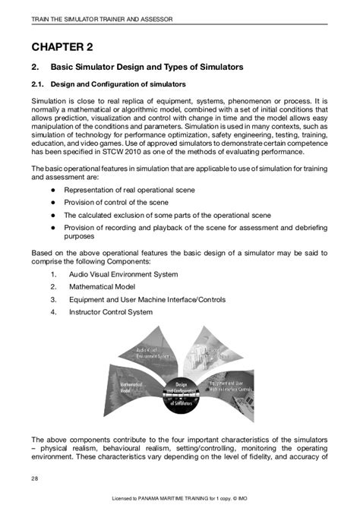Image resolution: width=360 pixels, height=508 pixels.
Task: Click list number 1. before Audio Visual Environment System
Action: pos(54,274)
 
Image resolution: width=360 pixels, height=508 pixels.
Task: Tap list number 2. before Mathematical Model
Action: pos(54,287)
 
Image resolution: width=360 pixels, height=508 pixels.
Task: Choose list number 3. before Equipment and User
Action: pos(54,299)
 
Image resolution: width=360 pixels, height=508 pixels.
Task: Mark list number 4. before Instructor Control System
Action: pos(54,312)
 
